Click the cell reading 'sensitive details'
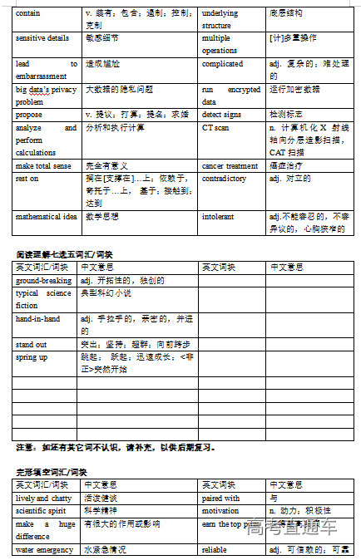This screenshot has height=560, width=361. click(x=42, y=38)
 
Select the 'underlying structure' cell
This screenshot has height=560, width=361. click(x=220, y=19)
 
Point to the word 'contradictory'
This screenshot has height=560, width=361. click(x=225, y=179)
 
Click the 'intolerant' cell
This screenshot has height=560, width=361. click(x=218, y=216)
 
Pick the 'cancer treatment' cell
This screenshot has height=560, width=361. click(x=230, y=166)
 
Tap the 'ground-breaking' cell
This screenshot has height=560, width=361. click(x=44, y=281)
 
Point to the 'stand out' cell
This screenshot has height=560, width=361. click(x=32, y=343)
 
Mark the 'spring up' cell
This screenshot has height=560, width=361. click(x=32, y=356)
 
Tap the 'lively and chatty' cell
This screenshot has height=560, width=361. click(x=44, y=498)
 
